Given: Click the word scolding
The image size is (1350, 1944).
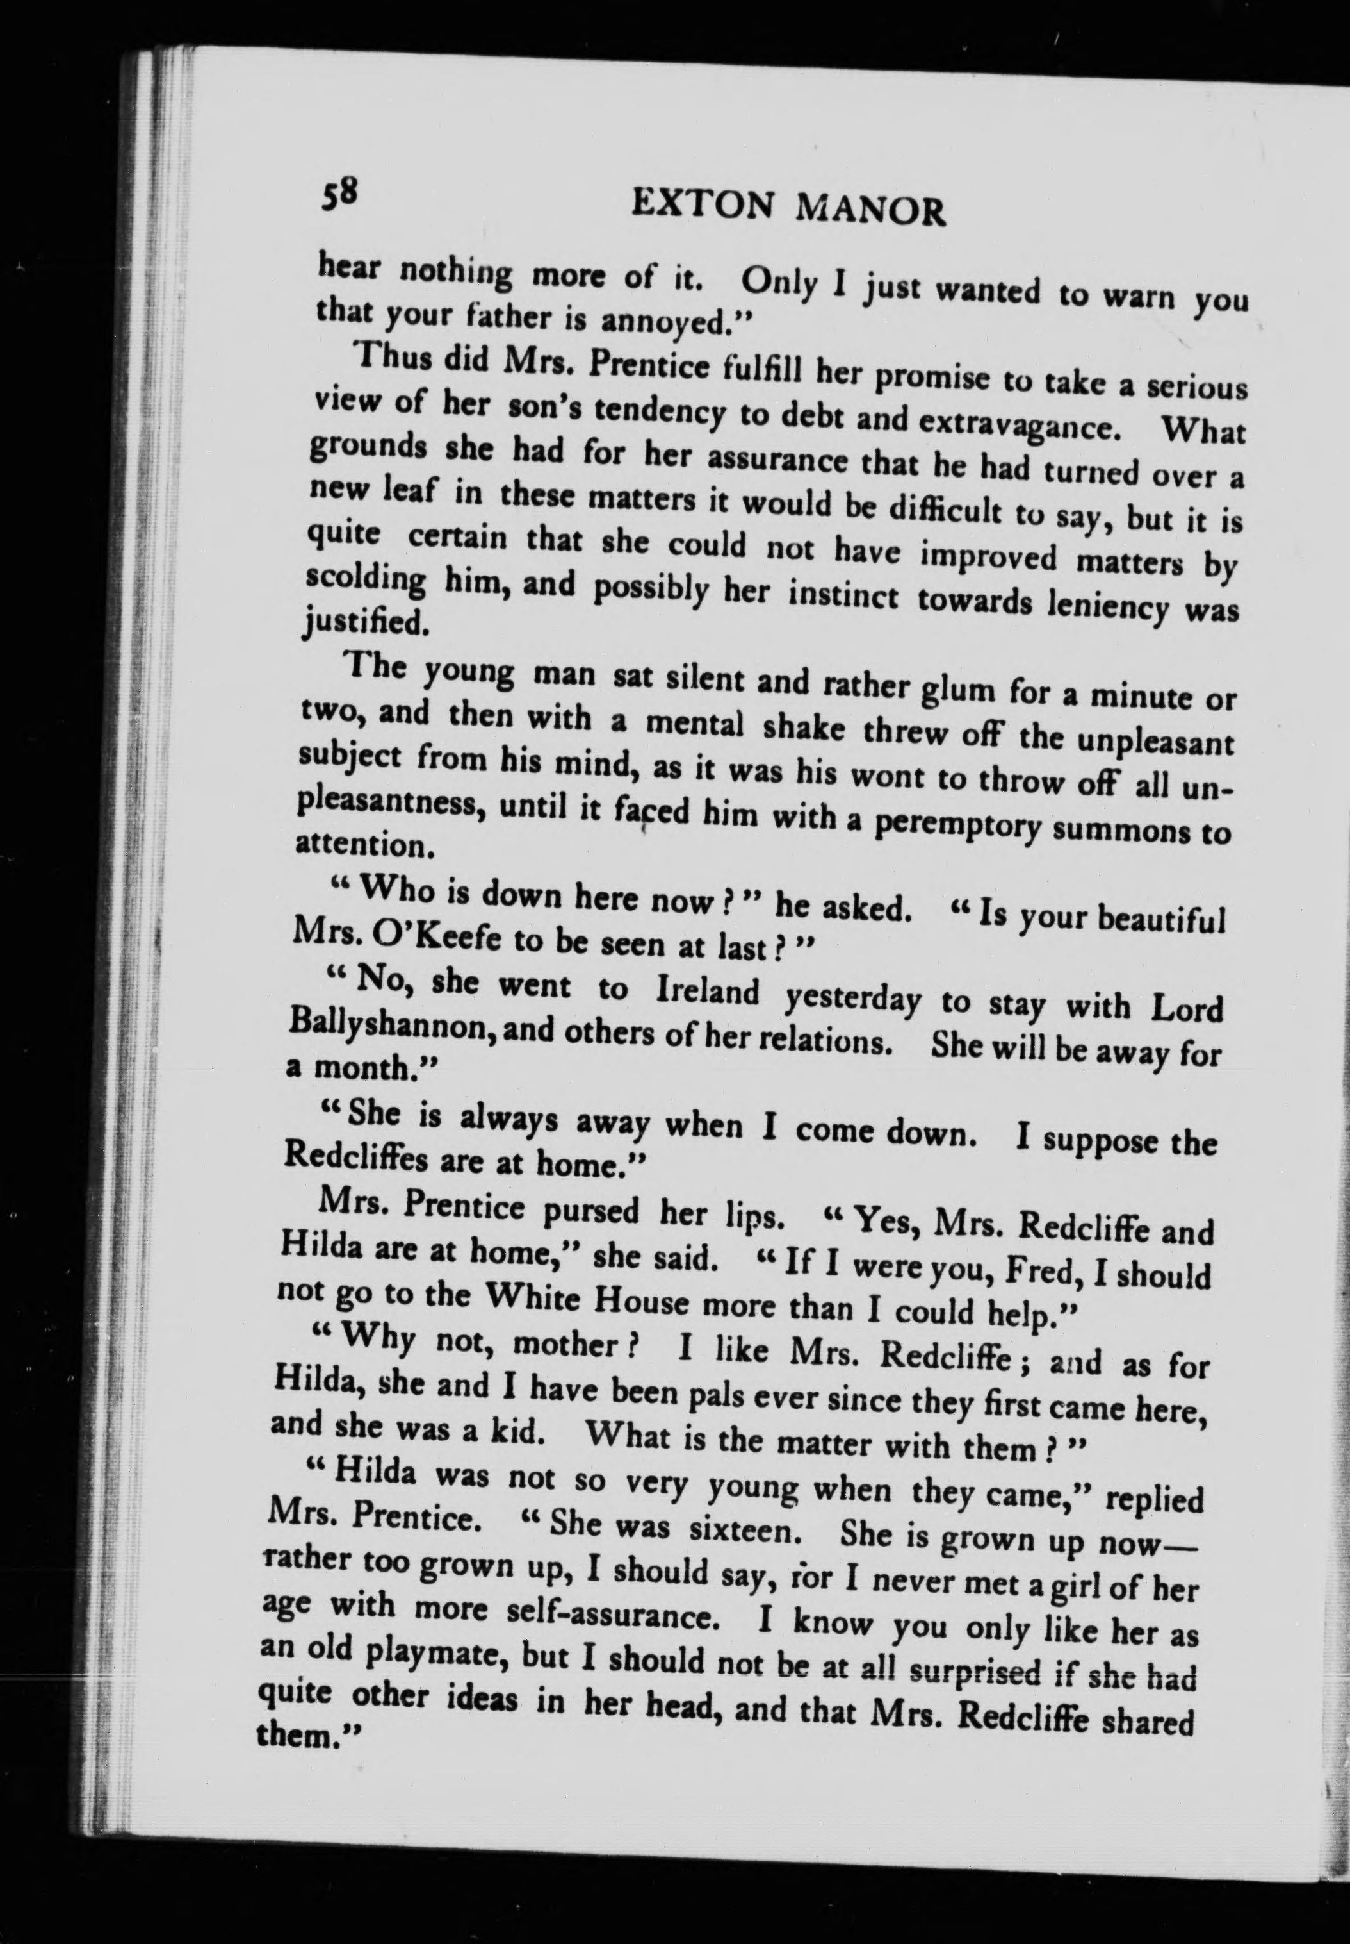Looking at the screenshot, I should (364, 579).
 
